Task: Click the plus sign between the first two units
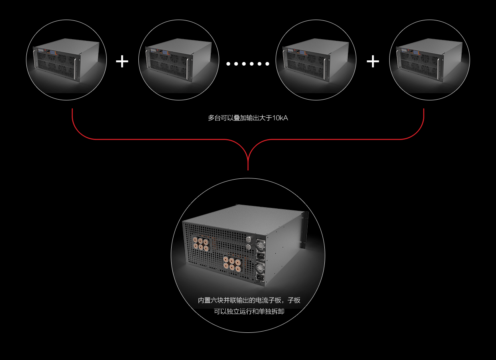click(122, 62)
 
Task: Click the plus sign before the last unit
click(373, 62)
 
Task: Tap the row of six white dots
click(248, 64)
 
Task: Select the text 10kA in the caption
click(280, 118)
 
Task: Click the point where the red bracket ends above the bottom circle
click(248, 170)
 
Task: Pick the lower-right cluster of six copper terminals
click(232, 265)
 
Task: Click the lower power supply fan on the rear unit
click(260, 267)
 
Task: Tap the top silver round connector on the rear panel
click(248, 239)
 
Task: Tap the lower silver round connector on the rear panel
click(249, 246)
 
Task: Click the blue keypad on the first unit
click(52, 52)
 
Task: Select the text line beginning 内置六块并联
click(249, 300)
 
